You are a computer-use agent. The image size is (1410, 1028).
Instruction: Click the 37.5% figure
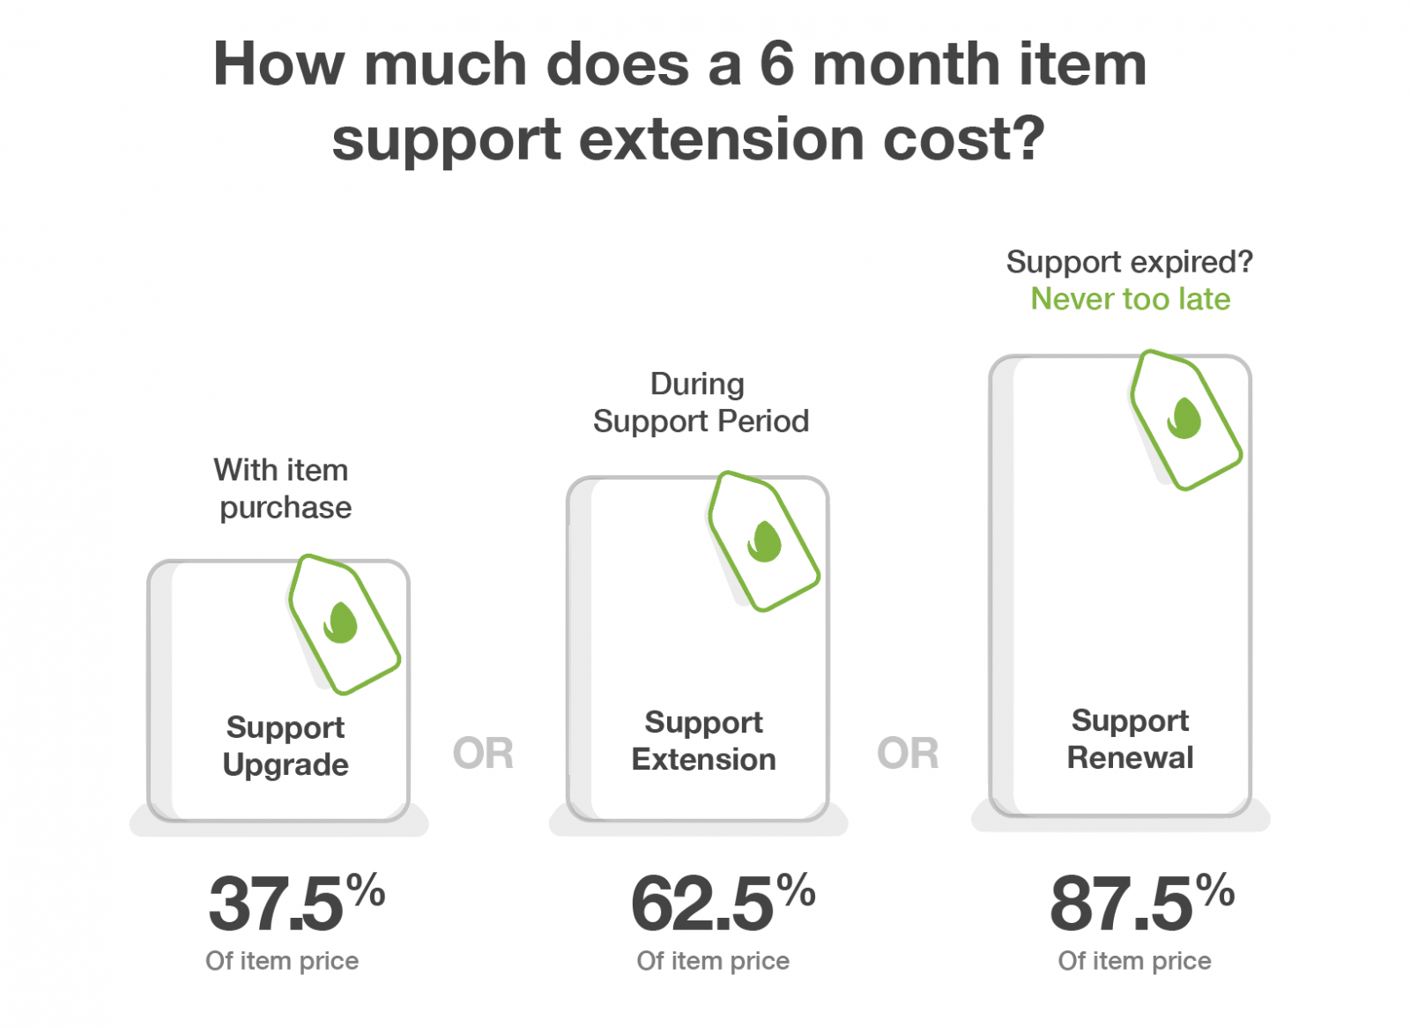coord(296,902)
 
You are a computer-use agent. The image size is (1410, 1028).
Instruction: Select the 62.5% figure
coord(723,902)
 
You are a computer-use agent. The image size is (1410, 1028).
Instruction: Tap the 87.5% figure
coord(1142,902)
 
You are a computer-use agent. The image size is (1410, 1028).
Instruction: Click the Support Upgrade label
coord(286,747)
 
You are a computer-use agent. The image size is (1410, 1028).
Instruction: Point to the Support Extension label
coord(704,741)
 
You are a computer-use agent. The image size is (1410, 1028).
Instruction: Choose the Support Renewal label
coord(1130,739)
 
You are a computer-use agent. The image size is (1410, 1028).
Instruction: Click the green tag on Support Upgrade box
coord(345,624)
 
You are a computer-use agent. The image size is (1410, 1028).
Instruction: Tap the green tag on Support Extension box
coord(764,541)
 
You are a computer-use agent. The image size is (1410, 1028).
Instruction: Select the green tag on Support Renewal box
coord(1186,420)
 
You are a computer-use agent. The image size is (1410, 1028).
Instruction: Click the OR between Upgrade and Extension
coord(483,753)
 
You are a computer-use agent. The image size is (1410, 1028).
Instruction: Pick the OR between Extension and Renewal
coord(908,753)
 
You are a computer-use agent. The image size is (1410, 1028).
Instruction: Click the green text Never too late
coord(1130,299)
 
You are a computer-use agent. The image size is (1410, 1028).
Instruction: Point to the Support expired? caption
coord(1129,263)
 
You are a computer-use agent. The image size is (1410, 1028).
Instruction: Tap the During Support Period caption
coord(701,403)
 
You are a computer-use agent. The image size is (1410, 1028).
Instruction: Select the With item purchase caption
coord(283,488)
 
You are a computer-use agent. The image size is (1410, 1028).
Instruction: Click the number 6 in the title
coord(777,63)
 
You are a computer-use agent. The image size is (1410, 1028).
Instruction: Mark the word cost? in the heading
coord(964,138)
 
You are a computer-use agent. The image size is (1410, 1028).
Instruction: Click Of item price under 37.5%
coord(282,961)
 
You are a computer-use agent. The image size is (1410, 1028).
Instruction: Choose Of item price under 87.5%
coord(1134,961)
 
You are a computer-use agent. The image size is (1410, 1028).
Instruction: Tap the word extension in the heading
coord(722,138)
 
